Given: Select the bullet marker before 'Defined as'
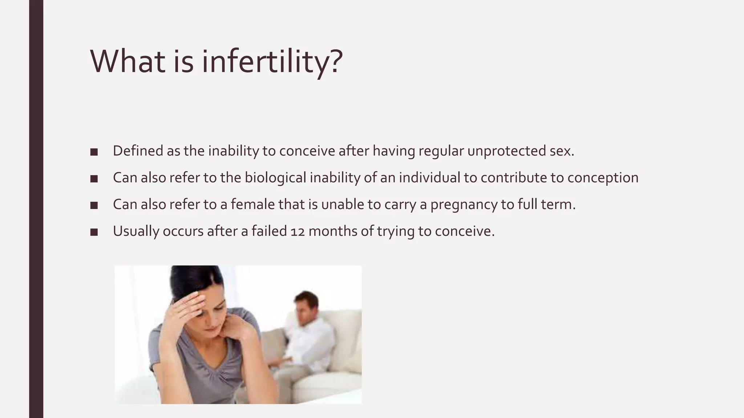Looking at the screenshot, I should coord(94,152).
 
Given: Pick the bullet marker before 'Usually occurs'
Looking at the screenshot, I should coord(94,232).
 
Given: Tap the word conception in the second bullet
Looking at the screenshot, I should coord(602,178).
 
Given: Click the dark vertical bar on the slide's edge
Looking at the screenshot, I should coord(36,209).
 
